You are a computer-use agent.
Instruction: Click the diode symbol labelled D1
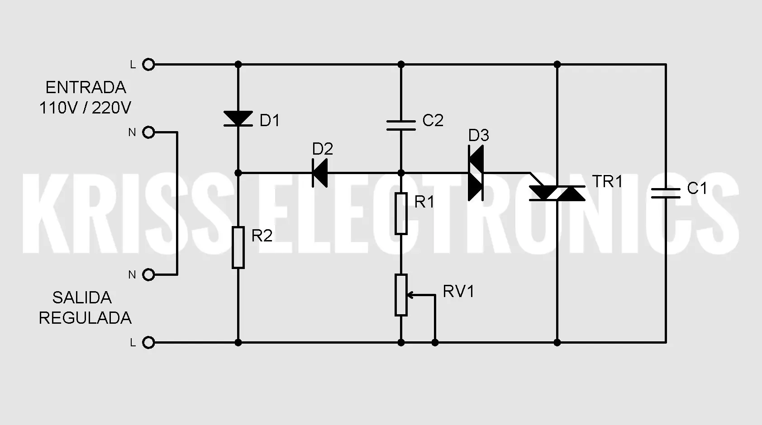[x=238, y=118]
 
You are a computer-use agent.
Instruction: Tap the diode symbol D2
[x=320, y=173]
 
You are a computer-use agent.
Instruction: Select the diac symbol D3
[x=476, y=173]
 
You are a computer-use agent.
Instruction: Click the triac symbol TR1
[x=557, y=193]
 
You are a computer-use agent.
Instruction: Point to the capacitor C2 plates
[x=401, y=125]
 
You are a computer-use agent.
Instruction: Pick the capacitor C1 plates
[x=666, y=193]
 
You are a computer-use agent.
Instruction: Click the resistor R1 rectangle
[x=401, y=213]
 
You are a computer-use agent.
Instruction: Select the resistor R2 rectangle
[x=238, y=247]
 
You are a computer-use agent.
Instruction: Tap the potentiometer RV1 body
[x=401, y=295]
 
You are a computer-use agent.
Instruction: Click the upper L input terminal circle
[x=148, y=64]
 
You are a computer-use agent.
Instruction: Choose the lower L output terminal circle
[x=148, y=342]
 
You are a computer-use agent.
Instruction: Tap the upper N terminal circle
[x=148, y=132]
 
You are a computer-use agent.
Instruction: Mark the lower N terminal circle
[x=148, y=274]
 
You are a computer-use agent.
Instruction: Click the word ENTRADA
[x=86, y=88]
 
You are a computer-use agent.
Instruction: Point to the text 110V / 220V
[x=85, y=108]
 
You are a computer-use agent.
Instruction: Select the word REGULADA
[x=85, y=318]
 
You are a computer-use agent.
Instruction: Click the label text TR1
[x=607, y=182]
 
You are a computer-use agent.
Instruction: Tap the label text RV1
[x=458, y=292]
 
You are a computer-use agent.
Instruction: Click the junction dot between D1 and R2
[x=238, y=173]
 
